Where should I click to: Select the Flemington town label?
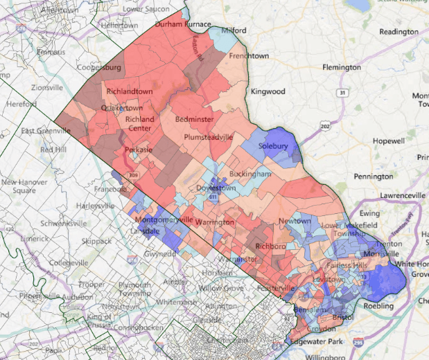point(342,68)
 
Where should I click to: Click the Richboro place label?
point(271,246)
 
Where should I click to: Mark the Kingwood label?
point(268,91)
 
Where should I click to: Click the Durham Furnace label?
point(182,24)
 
